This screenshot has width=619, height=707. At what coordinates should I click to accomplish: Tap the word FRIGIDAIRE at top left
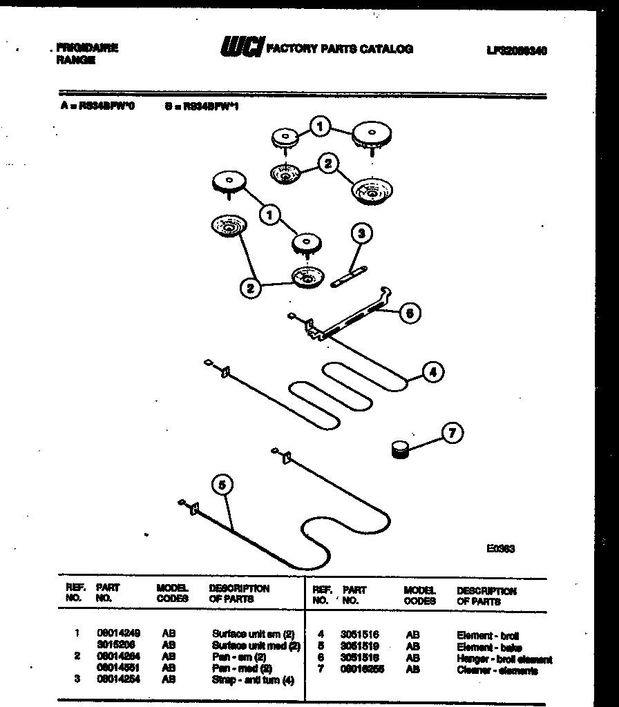pyautogui.click(x=86, y=48)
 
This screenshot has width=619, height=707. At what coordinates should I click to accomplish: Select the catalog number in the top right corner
pyautogui.click(x=516, y=50)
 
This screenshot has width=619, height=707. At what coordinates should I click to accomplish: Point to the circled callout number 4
pyautogui.click(x=432, y=372)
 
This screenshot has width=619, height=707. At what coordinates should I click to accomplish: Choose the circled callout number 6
pyautogui.click(x=410, y=313)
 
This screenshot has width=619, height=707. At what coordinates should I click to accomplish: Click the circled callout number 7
pyautogui.click(x=452, y=433)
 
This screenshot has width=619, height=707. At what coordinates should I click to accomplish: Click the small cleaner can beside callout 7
pyautogui.click(x=399, y=449)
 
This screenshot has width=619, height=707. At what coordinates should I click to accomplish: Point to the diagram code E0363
pyautogui.click(x=500, y=549)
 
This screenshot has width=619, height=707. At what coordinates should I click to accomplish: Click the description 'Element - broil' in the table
pyautogui.click(x=488, y=635)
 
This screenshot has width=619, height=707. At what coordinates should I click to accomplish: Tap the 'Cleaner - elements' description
pyautogui.click(x=497, y=670)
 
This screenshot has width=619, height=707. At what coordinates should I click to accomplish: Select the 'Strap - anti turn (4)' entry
pyautogui.click(x=253, y=680)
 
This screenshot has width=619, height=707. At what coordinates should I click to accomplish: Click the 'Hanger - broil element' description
pyautogui.click(x=504, y=659)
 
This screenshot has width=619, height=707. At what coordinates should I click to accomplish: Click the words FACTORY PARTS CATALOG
pyautogui.click(x=339, y=49)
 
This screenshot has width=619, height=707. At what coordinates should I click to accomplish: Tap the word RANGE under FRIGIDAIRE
pyautogui.click(x=75, y=60)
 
